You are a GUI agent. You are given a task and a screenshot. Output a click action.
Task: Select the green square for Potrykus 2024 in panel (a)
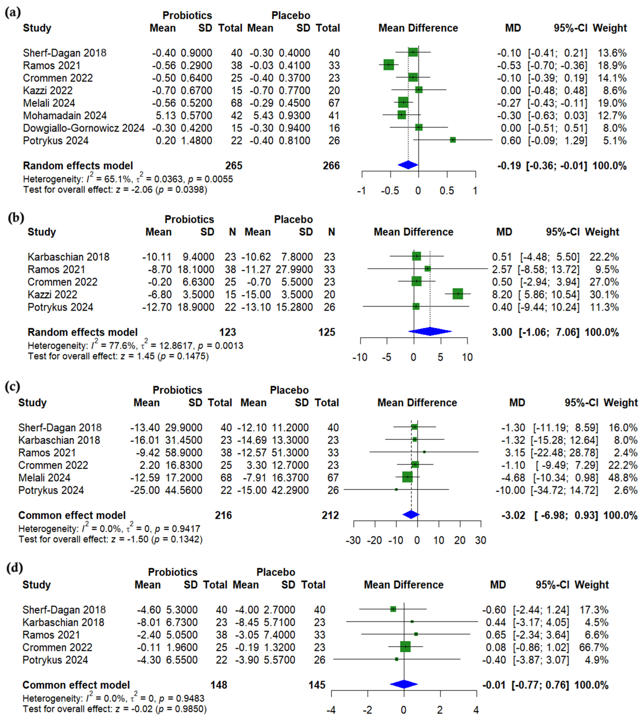(453, 140)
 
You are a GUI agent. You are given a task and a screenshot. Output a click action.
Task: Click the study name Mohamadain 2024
(65, 115)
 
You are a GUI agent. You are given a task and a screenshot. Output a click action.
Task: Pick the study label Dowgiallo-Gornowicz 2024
(84, 128)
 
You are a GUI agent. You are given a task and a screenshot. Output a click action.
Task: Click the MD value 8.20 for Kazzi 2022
(502, 294)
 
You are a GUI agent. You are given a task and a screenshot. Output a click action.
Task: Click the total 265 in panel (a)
(234, 165)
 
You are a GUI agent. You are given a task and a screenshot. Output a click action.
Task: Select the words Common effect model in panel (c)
(72, 515)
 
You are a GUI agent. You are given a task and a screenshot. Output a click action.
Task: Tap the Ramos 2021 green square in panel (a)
(388, 65)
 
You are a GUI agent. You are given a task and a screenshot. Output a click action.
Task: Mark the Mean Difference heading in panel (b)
(413, 232)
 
